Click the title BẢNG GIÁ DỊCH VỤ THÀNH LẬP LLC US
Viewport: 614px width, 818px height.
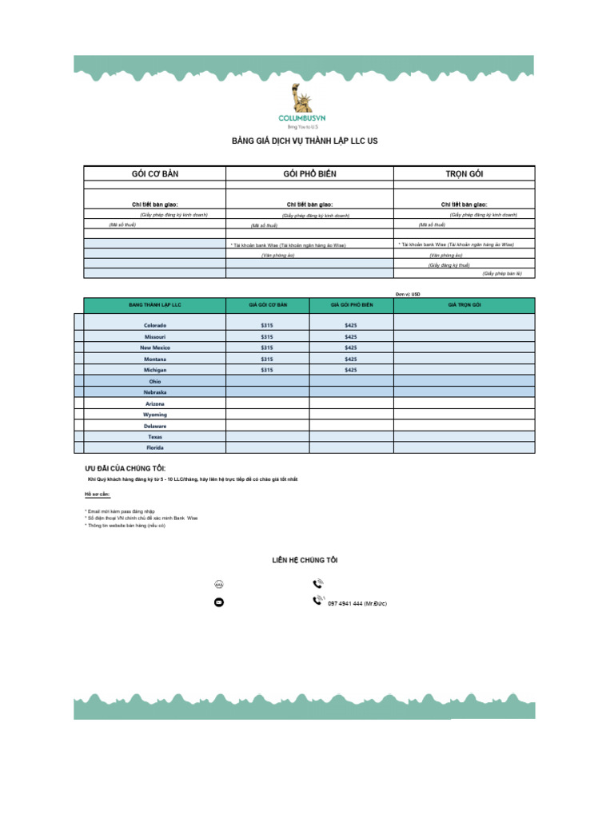304,141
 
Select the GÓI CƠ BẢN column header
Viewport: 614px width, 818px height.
154,173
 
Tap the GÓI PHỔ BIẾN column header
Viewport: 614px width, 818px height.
309,173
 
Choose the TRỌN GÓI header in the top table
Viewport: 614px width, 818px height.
464,173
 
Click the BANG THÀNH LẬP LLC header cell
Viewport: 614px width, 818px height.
155,305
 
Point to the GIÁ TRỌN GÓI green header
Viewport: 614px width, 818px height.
464,305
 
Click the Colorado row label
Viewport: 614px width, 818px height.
155,326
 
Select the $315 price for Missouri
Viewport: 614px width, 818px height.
267,337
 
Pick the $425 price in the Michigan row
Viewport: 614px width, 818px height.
350,371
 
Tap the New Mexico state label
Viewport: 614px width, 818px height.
155,348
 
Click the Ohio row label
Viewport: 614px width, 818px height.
155,382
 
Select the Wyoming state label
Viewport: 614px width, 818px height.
155,415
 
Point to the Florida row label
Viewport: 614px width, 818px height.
155,448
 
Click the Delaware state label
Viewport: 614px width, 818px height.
155,427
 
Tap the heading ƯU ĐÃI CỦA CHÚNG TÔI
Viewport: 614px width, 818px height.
126,467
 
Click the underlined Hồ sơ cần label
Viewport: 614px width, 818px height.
98,494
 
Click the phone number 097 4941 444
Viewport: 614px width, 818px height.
357,604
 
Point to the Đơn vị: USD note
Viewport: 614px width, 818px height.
407,294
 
